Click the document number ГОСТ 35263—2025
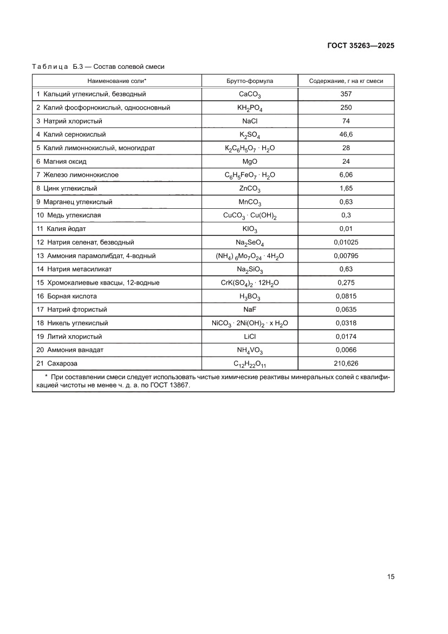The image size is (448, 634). click(x=360, y=46)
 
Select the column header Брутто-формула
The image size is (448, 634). click(x=250, y=81)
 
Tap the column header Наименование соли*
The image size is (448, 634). click(x=117, y=81)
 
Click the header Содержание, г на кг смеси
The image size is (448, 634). click(x=346, y=81)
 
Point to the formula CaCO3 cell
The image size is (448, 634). click(x=250, y=94)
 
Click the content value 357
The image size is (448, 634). click(x=346, y=94)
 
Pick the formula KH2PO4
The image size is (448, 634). click(x=250, y=108)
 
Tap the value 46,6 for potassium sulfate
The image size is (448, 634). click(x=346, y=134)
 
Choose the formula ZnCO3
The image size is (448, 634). click(x=250, y=189)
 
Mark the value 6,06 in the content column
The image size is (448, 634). click(x=346, y=175)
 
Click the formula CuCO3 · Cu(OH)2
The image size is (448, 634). click(x=250, y=216)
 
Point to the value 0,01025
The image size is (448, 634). click(x=346, y=242)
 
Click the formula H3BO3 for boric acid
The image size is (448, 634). click(x=250, y=296)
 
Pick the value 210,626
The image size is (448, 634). click(x=346, y=363)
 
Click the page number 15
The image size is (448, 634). click(x=390, y=576)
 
